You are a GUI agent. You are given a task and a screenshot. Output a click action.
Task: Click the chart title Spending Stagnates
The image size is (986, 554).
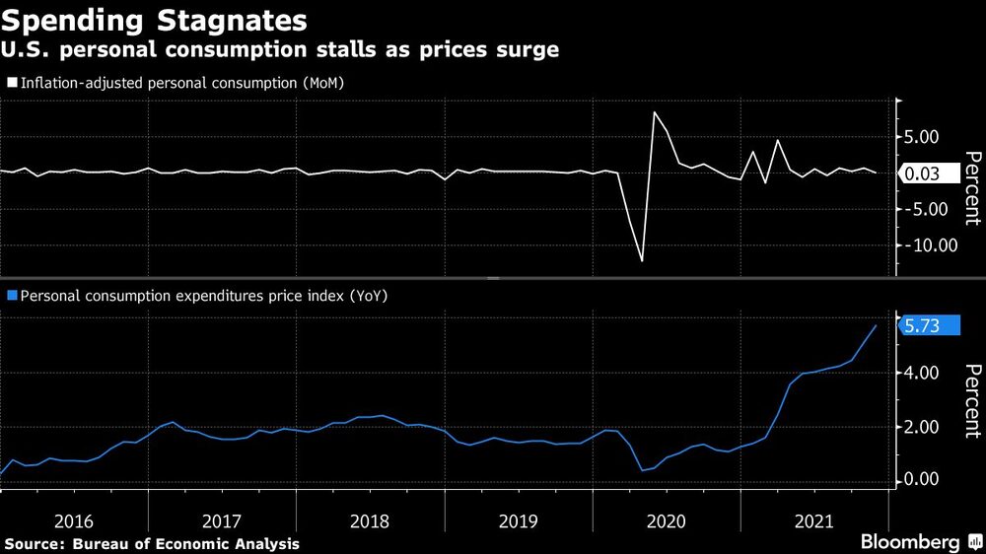[x=154, y=20]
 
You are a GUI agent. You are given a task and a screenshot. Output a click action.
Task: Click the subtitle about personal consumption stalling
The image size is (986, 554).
[x=280, y=50]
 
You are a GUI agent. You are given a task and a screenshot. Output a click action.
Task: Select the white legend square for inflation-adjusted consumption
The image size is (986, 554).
[x=12, y=82]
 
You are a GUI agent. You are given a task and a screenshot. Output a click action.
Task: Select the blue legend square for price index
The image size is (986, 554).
[x=12, y=295]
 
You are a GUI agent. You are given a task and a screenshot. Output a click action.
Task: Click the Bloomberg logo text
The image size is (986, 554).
[x=910, y=542]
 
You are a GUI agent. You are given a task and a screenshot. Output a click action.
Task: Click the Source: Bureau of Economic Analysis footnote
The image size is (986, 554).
[x=152, y=543]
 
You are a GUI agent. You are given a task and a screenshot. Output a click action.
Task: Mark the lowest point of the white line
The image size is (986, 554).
[x=642, y=260]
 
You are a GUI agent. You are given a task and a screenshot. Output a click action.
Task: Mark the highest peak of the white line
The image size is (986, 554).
[x=655, y=112]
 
